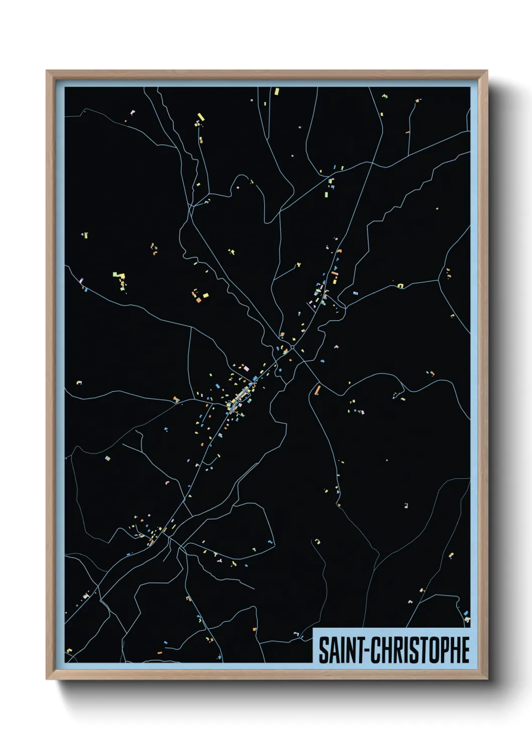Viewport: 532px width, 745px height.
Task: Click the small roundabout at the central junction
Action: point(292,347)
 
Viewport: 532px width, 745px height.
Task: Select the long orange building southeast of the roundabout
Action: point(317,389)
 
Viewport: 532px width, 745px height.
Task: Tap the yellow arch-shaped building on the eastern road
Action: point(401,286)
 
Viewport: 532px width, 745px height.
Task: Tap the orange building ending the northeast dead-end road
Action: point(407,132)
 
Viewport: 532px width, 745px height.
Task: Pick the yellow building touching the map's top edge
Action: point(276,91)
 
